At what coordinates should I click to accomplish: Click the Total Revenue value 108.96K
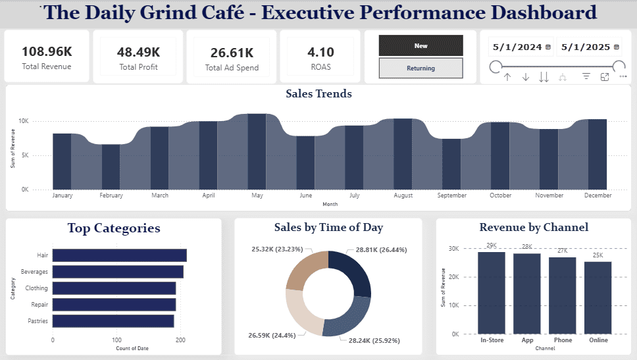[x=47, y=51]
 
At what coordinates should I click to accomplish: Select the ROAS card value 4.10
[x=320, y=52]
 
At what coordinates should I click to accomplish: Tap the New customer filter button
[x=421, y=45]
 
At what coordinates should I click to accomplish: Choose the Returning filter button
[x=421, y=68]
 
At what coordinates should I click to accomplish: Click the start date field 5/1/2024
[x=517, y=47]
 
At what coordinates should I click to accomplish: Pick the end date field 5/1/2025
[x=586, y=47]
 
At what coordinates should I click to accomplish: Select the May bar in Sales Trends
[x=257, y=151]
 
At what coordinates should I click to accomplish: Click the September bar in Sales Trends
[x=451, y=164]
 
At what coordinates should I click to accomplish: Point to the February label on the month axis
[x=111, y=195]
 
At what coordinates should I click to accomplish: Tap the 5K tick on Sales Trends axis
[x=25, y=155]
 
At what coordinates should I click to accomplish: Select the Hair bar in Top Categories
[x=120, y=255]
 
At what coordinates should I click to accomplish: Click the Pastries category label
[x=38, y=321]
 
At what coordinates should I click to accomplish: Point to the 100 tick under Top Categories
[x=116, y=340]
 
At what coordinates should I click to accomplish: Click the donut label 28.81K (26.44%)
[x=381, y=250]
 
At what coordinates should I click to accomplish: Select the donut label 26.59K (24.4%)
[x=272, y=335]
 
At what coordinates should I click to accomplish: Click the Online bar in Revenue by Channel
[x=598, y=298]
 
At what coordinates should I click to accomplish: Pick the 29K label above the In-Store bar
[x=492, y=245]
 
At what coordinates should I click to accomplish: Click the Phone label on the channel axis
[x=563, y=340]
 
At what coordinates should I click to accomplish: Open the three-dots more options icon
[x=623, y=76]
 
